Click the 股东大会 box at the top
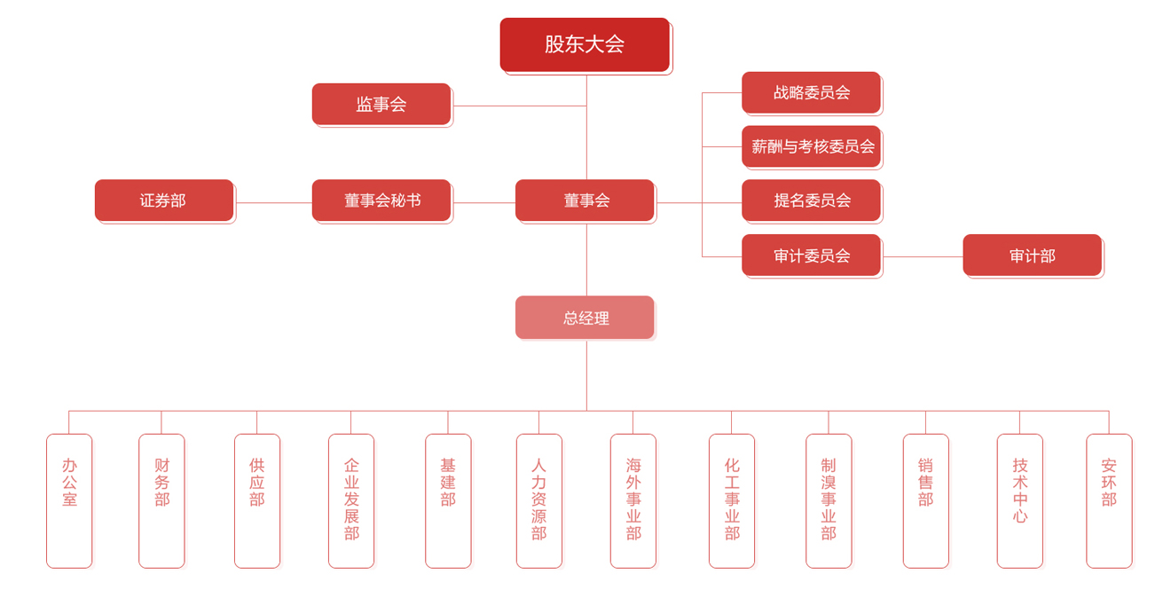click(585, 44)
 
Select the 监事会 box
click(381, 104)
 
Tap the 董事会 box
click(585, 201)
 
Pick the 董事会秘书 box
click(381, 201)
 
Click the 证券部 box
click(164, 201)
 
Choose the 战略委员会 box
click(811, 92)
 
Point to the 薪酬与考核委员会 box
click(811, 146)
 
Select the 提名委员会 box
click(811, 201)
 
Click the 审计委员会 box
click(811, 256)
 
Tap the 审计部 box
click(1032, 256)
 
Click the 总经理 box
click(585, 318)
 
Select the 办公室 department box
click(69, 500)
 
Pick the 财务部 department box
click(161, 500)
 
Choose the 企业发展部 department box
click(351, 500)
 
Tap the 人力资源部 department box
click(539, 500)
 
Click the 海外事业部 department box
click(633, 500)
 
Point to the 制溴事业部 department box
click(829, 500)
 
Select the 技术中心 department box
click(1019, 500)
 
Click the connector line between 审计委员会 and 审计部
click(923, 257)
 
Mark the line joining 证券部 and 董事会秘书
click(273, 203)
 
